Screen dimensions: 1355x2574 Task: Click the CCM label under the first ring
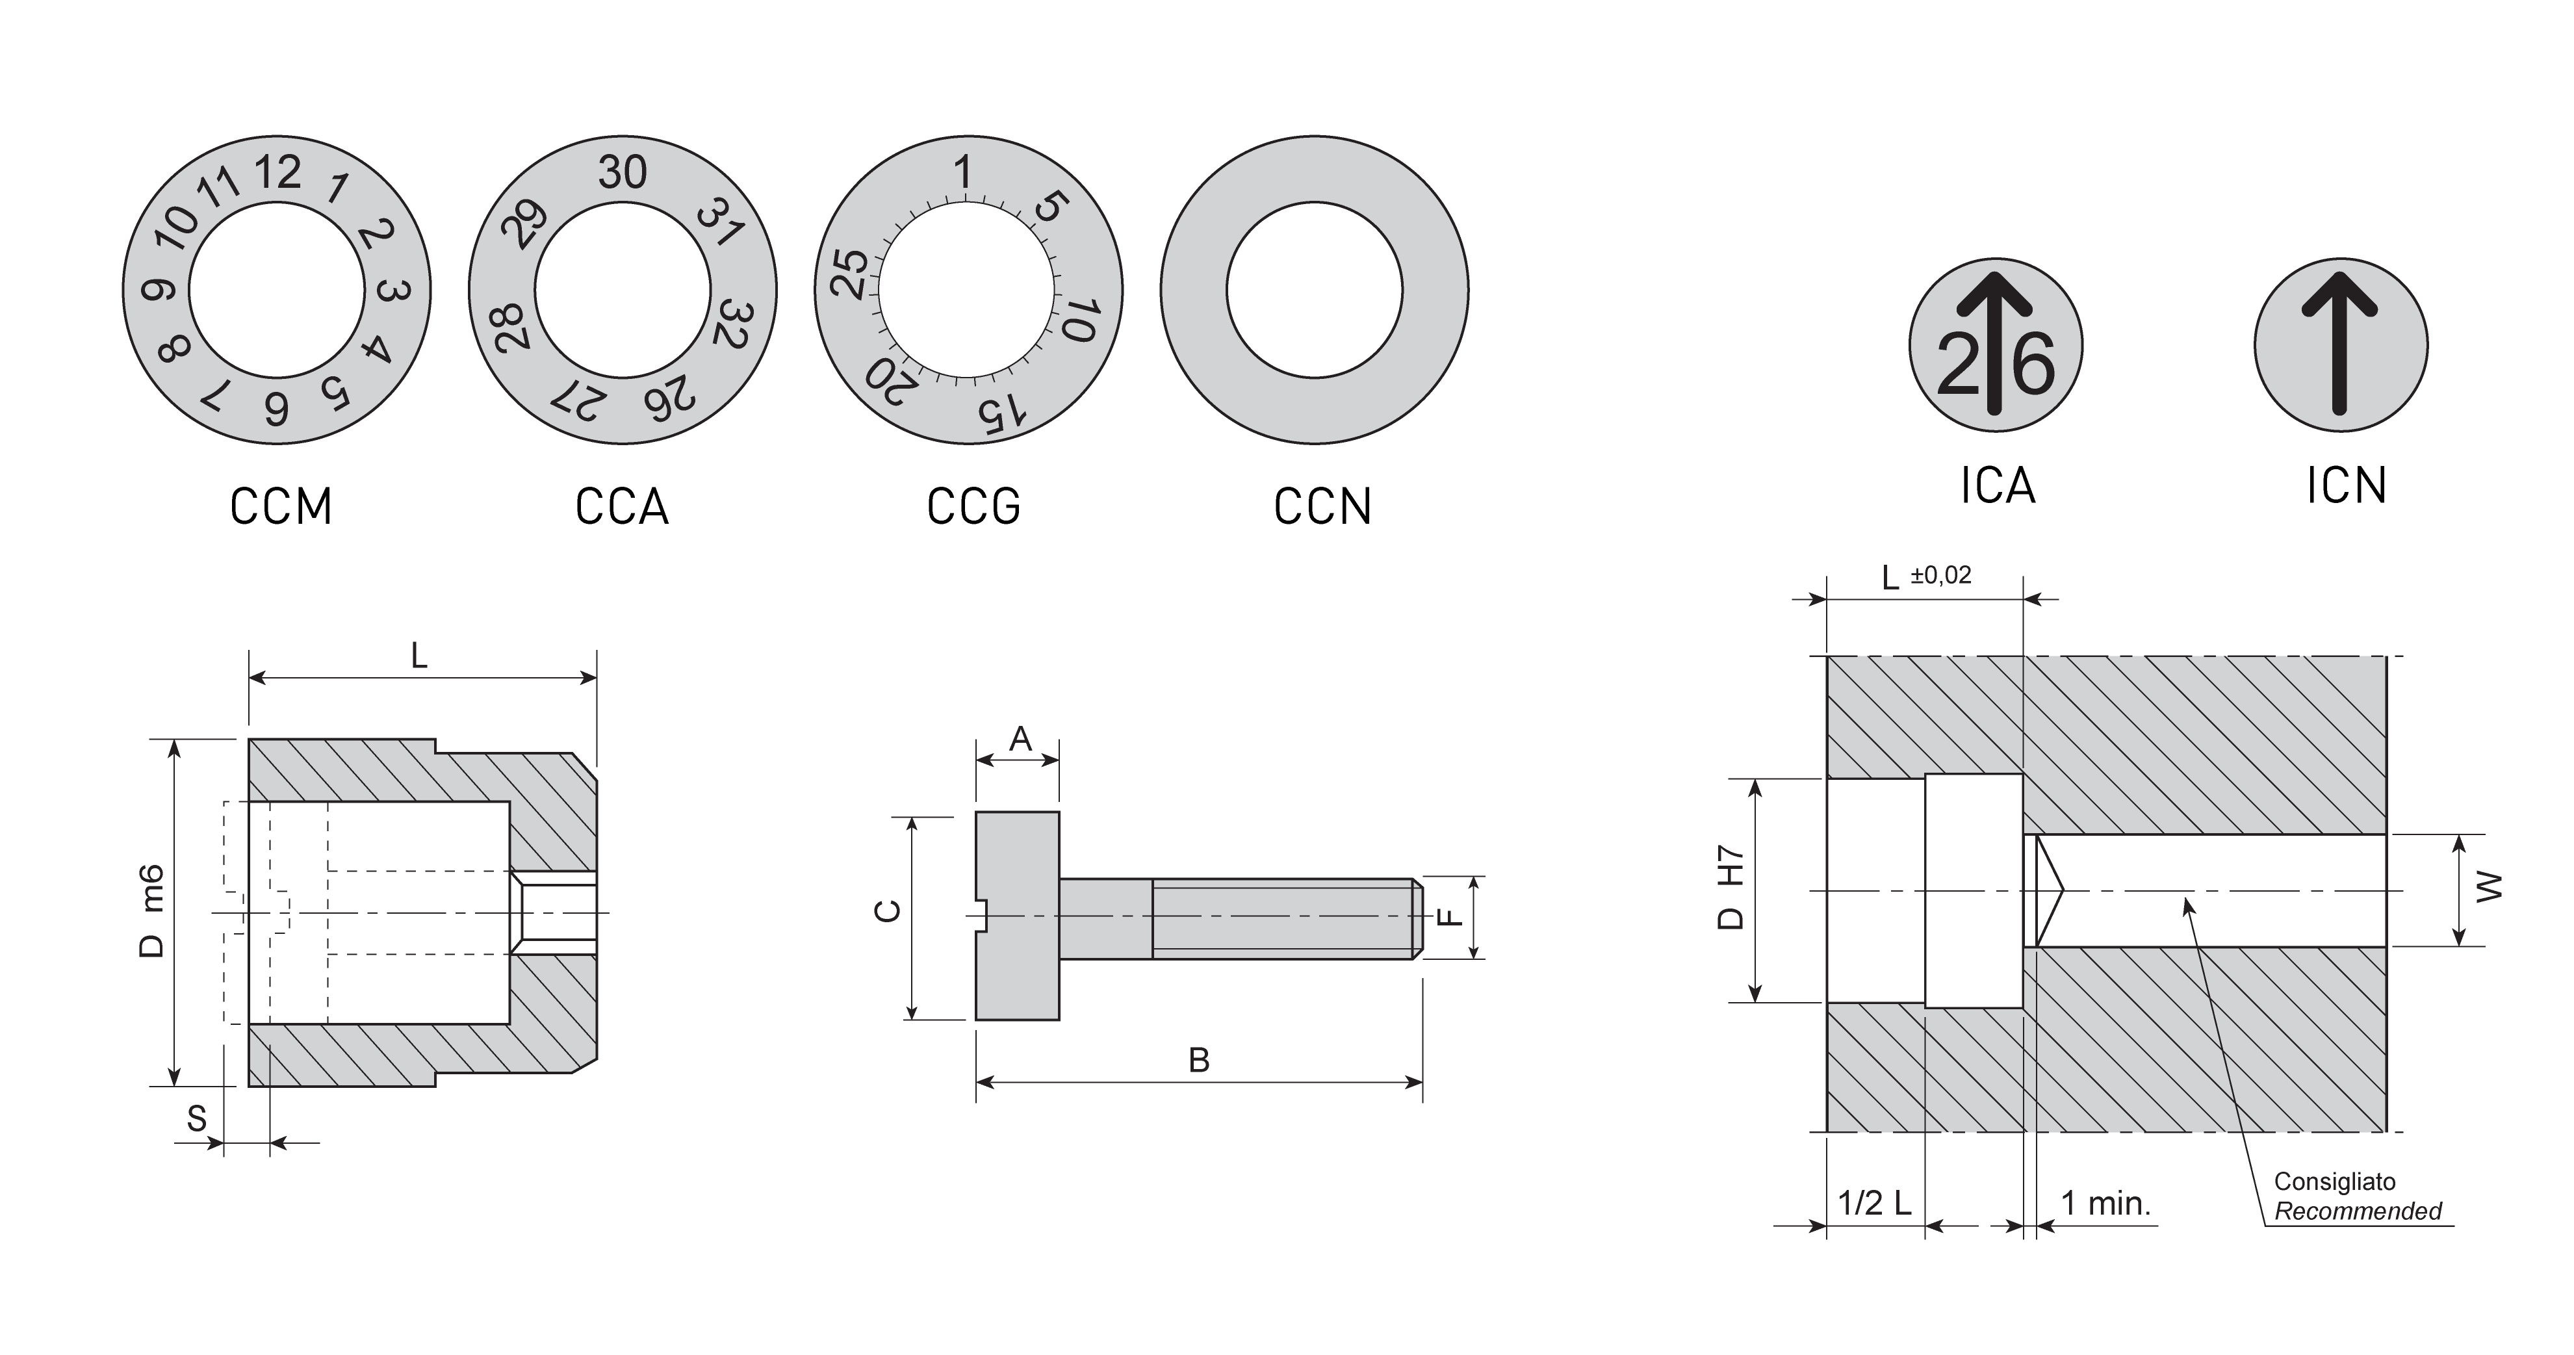pos(281,507)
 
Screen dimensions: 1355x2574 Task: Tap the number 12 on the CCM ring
pos(277,173)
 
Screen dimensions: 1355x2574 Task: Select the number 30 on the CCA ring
pos(623,173)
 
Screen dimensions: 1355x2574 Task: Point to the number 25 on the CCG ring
pos(851,274)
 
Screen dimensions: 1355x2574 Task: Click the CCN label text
pos(1322,507)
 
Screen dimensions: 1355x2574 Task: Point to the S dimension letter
pos(197,1119)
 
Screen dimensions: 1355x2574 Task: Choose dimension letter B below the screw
pos(1199,1060)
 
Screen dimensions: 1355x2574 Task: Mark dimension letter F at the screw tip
pos(1448,916)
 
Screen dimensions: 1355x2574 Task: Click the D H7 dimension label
pos(1730,889)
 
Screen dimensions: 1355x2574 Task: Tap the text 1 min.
pos(2105,1203)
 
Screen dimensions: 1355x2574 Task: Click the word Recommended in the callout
pos(2357,1212)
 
